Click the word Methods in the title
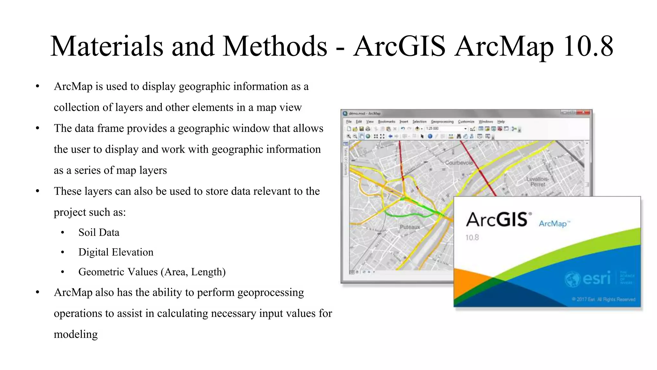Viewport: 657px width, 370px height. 275,47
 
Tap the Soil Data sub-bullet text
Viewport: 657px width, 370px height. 99,232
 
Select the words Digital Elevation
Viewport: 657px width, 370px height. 116,252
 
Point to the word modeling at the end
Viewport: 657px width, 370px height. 76,334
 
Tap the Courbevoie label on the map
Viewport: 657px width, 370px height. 459,163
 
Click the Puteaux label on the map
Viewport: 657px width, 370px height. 410,227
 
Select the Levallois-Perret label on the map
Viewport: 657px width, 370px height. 538,182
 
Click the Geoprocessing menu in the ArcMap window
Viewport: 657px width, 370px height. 442,122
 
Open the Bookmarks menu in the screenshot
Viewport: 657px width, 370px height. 387,122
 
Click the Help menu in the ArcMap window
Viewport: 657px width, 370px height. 501,122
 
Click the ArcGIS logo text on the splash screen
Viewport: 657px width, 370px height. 498,220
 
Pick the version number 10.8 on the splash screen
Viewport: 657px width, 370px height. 472,238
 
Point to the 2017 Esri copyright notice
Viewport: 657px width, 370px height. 603,299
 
